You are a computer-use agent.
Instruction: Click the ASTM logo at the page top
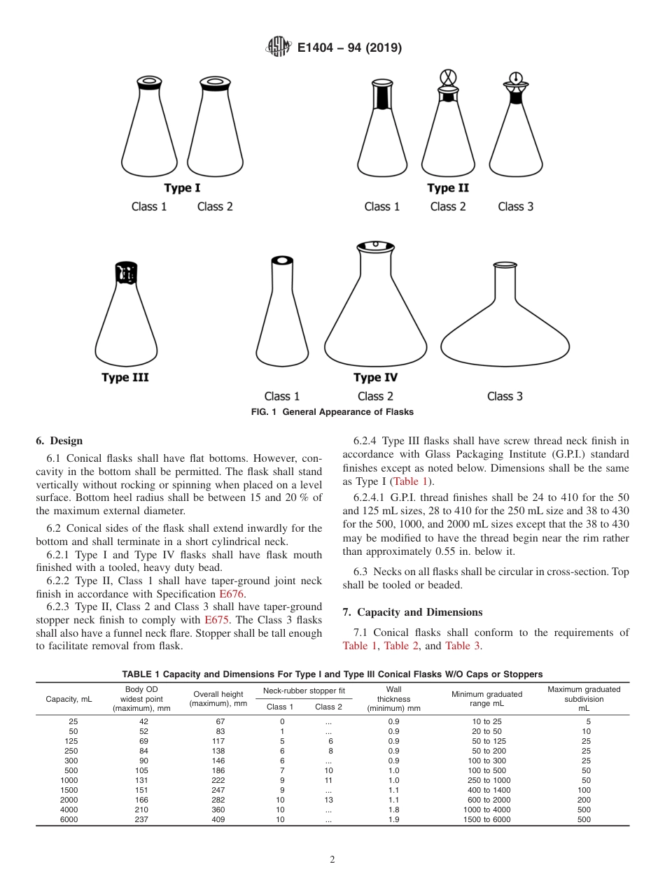(278, 48)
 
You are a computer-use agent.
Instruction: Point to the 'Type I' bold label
(182, 188)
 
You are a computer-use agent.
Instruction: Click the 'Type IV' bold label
(376, 378)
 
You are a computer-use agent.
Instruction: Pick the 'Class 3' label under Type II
(515, 206)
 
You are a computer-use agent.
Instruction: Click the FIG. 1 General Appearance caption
(332, 412)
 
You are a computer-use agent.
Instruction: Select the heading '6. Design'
(59, 441)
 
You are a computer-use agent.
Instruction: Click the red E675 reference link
(216, 620)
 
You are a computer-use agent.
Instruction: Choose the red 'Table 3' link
(463, 646)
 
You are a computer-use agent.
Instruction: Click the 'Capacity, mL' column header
(69, 698)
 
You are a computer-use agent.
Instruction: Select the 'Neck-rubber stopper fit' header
(304, 691)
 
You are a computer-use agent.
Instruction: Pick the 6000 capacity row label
(69, 819)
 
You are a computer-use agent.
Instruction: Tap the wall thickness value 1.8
(393, 810)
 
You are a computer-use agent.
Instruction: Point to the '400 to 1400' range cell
(486, 790)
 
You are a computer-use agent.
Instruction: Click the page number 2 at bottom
(332, 860)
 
